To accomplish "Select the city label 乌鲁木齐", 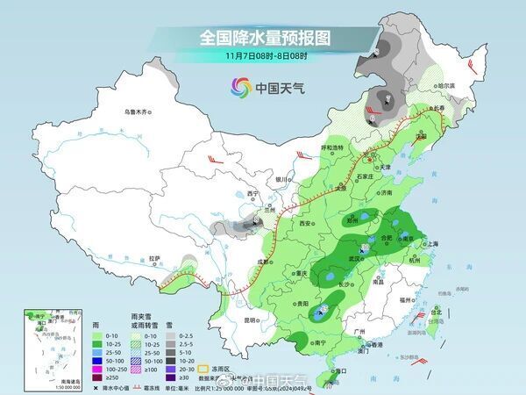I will click(138, 111).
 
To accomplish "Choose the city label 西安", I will click(306, 224).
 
